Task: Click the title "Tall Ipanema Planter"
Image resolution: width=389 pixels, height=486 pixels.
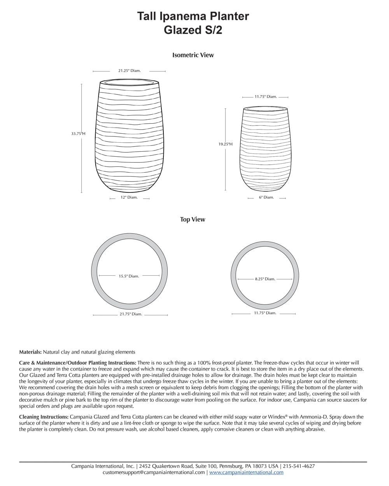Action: point(193,16)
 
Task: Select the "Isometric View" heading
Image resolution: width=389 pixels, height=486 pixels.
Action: point(193,55)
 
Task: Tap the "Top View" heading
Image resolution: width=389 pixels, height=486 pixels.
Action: point(193,220)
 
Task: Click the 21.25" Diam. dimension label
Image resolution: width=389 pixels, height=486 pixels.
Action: point(130,71)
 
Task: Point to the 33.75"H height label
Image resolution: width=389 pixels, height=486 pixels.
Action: point(78,133)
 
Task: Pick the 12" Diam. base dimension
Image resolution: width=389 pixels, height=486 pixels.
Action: point(129,198)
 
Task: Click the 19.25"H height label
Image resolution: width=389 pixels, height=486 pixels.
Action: point(225,144)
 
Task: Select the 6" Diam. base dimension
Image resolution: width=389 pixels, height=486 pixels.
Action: point(266,198)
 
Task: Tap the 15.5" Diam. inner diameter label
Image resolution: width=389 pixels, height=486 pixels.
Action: point(129,276)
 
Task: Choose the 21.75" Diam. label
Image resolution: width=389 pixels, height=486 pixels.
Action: point(131,314)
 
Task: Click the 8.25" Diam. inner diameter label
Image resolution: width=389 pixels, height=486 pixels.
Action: point(265,279)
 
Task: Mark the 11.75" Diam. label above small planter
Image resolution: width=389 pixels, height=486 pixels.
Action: point(266,97)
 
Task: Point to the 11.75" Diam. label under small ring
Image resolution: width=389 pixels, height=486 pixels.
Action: point(265,313)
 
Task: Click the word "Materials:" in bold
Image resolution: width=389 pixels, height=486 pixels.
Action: point(30,352)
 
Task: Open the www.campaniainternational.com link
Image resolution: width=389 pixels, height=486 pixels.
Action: point(246,472)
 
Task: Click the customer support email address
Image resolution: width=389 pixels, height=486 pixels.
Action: point(154,472)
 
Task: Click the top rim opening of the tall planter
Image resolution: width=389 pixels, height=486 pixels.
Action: point(130,82)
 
